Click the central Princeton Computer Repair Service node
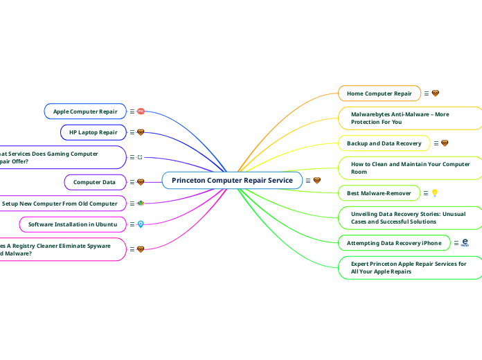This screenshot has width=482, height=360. click(232, 180)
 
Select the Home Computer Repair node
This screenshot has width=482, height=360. click(379, 93)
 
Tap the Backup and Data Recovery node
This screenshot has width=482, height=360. click(384, 143)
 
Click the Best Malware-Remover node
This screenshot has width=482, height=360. click(378, 193)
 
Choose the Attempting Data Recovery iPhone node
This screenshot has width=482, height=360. click(393, 243)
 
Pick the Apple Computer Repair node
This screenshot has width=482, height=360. click(85, 111)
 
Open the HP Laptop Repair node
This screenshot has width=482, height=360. click(93, 132)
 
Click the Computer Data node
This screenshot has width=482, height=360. click(94, 182)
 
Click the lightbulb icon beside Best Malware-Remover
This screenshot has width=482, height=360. click(434, 193)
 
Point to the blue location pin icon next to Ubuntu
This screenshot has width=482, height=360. click(141, 224)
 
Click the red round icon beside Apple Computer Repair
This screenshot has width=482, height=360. click(141, 111)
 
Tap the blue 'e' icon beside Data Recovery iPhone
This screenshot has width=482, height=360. click(465, 242)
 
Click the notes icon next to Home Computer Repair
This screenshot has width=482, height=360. click(425, 93)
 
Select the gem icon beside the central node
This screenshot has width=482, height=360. click(317, 181)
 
